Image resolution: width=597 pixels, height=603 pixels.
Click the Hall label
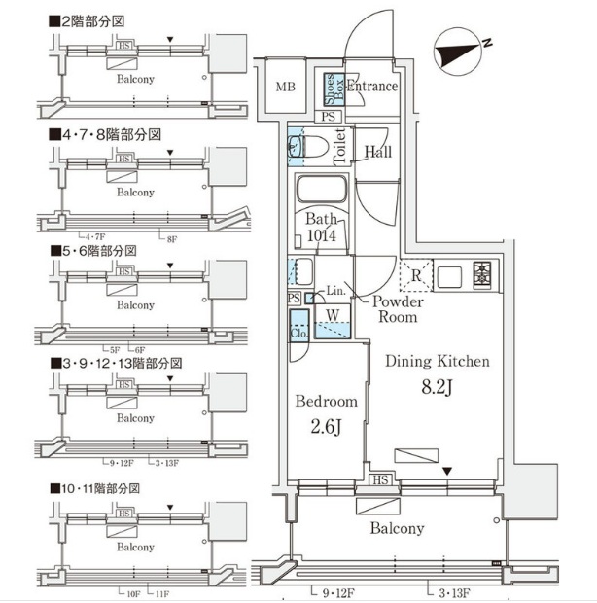point(378,152)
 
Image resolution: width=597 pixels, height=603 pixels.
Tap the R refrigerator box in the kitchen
point(415,276)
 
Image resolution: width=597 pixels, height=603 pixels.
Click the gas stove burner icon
point(482,276)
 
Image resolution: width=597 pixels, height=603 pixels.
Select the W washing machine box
point(333,314)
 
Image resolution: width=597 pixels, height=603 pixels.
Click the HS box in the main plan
point(379,480)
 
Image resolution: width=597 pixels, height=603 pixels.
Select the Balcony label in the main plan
point(396,528)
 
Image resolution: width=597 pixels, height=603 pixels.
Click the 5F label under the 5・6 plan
point(113,349)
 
